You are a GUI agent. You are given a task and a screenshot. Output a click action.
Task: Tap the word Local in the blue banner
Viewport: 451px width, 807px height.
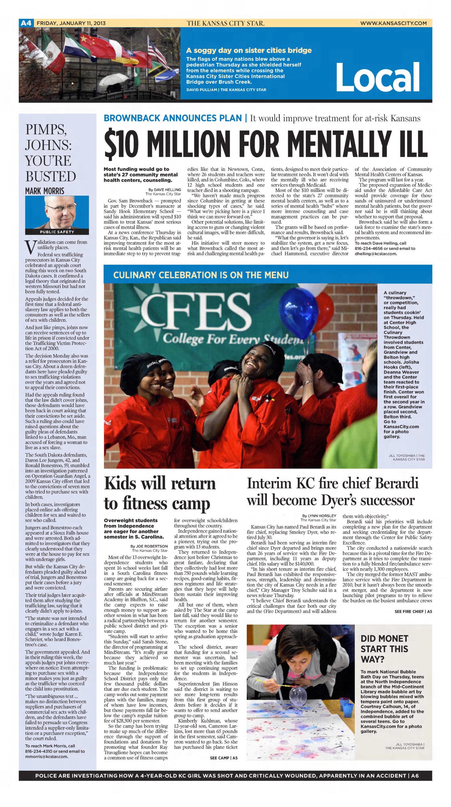(x=377, y=77)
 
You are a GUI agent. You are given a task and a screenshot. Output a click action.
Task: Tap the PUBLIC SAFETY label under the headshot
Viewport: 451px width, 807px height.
(x=57, y=232)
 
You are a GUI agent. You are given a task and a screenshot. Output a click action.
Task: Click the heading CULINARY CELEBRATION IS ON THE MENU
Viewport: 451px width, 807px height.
(x=201, y=275)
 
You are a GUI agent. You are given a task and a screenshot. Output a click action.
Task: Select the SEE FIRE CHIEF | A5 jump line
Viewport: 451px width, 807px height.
(x=413, y=611)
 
